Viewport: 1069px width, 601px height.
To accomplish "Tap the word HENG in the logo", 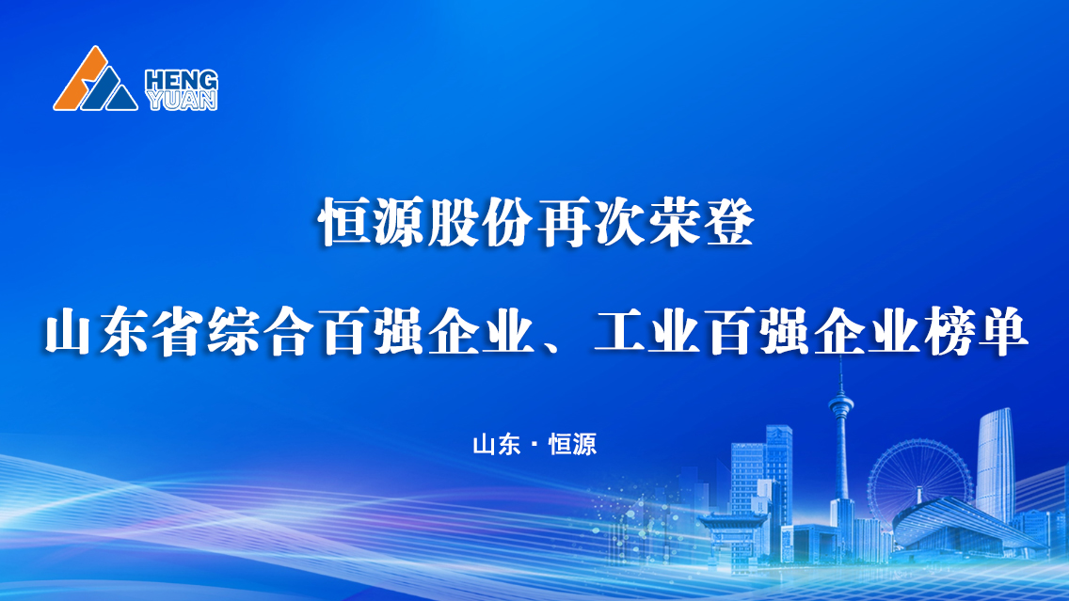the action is [x=182, y=80].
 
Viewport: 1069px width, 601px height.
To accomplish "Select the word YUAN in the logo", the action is [x=182, y=100].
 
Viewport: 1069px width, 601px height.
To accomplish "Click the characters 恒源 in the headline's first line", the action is [x=373, y=223].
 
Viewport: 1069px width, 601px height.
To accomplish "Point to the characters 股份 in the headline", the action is [x=481, y=223].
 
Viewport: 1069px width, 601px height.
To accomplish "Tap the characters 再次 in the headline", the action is [x=590, y=223].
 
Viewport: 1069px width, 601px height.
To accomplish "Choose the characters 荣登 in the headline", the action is [x=700, y=223].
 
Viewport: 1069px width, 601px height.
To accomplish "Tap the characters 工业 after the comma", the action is [x=646, y=332].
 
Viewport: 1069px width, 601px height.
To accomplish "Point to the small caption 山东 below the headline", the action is [x=496, y=444].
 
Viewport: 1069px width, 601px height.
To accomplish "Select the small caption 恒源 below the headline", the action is [x=573, y=444].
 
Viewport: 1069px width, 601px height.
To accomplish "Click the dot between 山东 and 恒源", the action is [x=534, y=445].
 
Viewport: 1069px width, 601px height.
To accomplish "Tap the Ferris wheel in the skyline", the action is [x=920, y=477].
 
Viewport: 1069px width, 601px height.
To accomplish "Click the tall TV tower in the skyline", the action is [x=840, y=450].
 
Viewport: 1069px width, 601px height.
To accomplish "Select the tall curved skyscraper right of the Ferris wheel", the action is [x=996, y=464].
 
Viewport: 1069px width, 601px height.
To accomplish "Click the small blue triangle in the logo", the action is [x=121, y=100].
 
